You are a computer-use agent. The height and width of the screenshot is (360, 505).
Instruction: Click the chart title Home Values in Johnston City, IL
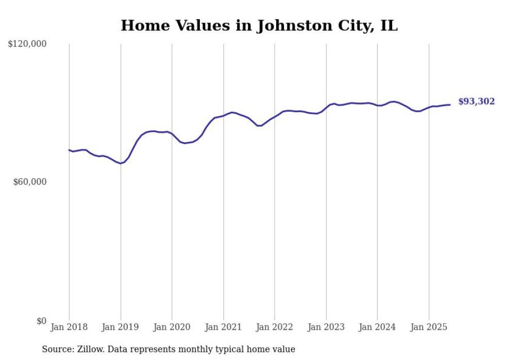tap(259, 26)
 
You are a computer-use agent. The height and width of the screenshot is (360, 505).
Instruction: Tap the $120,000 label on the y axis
tap(27, 44)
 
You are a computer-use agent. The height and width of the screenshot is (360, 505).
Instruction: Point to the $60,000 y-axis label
tap(30, 182)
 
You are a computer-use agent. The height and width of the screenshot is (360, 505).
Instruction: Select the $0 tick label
tap(41, 321)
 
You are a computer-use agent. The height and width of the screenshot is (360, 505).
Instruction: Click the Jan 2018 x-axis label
tap(69, 327)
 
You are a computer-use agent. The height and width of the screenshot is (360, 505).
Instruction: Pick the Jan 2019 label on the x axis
tap(121, 327)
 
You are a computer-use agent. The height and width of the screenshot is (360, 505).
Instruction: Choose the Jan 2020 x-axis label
tap(172, 327)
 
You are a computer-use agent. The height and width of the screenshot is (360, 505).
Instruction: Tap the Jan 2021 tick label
tap(223, 327)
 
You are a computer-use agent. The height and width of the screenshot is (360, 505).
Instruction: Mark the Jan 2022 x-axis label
tap(275, 327)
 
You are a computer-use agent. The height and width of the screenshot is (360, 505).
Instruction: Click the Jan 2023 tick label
tap(326, 327)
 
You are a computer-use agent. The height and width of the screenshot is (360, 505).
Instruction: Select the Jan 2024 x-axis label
tap(377, 327)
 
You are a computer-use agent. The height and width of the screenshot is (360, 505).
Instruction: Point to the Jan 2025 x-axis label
tap(429, 327)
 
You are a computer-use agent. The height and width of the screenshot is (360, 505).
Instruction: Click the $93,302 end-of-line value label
tap(476, 101)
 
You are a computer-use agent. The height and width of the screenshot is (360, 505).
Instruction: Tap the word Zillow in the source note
tap(91, 349)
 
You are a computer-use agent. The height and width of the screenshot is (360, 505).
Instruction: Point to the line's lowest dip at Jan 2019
tap(121, 163)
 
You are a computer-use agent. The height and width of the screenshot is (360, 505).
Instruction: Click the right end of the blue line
tap(450, 105)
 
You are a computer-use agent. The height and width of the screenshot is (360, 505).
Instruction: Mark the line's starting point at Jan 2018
tap(69, 150)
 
